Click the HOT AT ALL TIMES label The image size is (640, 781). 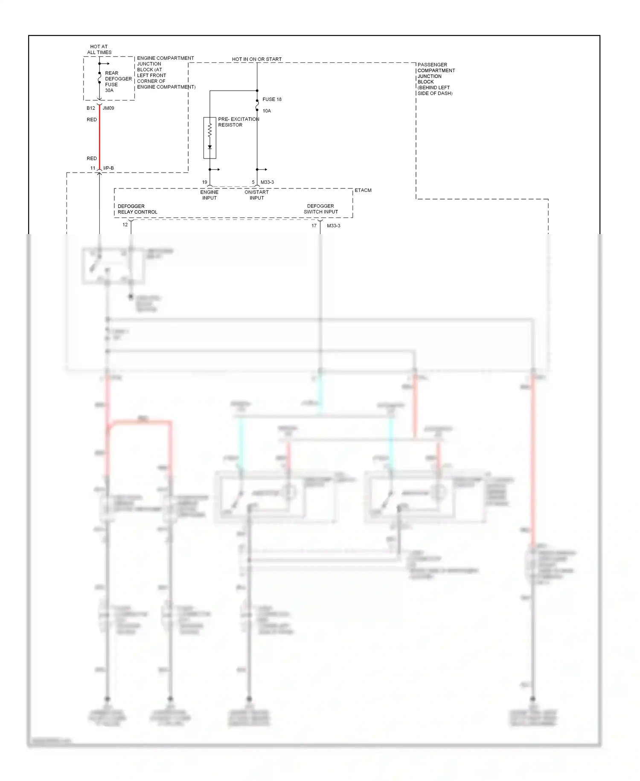(99, 50)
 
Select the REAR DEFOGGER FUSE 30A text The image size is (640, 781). (118, 82)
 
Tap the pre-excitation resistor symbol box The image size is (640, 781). (209, 138)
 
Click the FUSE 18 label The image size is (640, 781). (272, 99)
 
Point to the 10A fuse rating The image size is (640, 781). (267, 111)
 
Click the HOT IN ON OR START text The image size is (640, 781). (256, 59)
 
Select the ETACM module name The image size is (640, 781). (363, 190)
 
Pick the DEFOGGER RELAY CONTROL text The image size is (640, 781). (137, 209)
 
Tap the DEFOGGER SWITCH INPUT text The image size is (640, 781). (320, 209)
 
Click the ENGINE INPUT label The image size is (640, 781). (209, 195)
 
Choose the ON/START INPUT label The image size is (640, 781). (256, 195)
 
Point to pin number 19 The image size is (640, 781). (205, 182)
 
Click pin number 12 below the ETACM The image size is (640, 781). (125, 225)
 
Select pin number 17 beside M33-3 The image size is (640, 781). (314, 226)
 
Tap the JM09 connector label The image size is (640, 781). (108, 108)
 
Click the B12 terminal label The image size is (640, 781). (90, 108)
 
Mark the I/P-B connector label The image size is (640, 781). (108, 168)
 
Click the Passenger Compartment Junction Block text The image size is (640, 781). (436, 79)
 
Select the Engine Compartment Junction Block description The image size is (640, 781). (166, 72)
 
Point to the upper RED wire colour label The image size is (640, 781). (92, 120)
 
